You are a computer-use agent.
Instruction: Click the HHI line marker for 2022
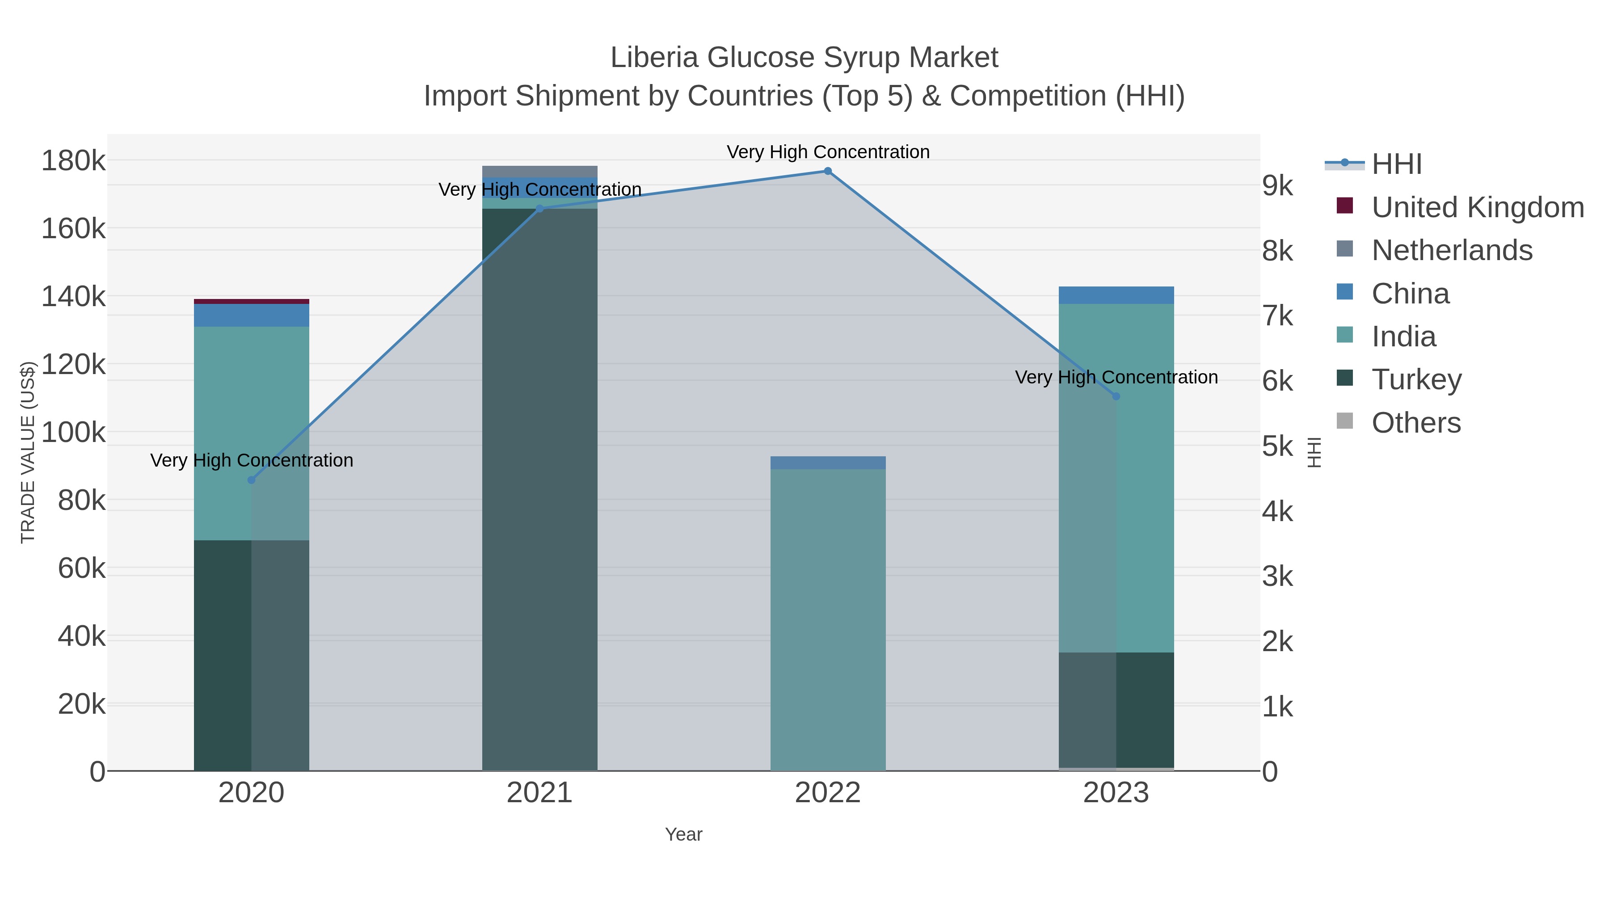[x=828, y=171]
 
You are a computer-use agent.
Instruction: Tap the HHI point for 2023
[x=1116, y=396]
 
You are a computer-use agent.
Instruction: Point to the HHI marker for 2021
[x=539, y=209]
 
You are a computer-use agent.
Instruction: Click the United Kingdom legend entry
[x=1477, y=207]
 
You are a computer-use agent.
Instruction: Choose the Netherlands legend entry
[x=1452, y=250]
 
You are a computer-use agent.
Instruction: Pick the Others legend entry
[x=1415, y=423]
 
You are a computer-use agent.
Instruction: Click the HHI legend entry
[x=1397, y=164]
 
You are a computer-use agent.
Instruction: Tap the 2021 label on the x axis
[x=539, y=793]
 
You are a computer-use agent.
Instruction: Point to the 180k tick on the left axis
[x=73, y=161]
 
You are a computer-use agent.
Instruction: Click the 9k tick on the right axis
[x=1278, y=185]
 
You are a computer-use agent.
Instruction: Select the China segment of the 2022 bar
[x=828, y=463]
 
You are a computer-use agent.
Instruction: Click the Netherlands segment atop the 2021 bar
[x=539, y=172]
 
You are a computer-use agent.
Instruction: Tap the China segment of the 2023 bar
[x=1116, y=295]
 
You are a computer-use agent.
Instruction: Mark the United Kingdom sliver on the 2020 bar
[x=252, y=302]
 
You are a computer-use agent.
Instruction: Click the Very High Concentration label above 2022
[x=828, y=152]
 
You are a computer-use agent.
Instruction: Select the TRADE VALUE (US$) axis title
[x=28, y=452]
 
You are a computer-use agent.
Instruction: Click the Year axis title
[x=683, y=834]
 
